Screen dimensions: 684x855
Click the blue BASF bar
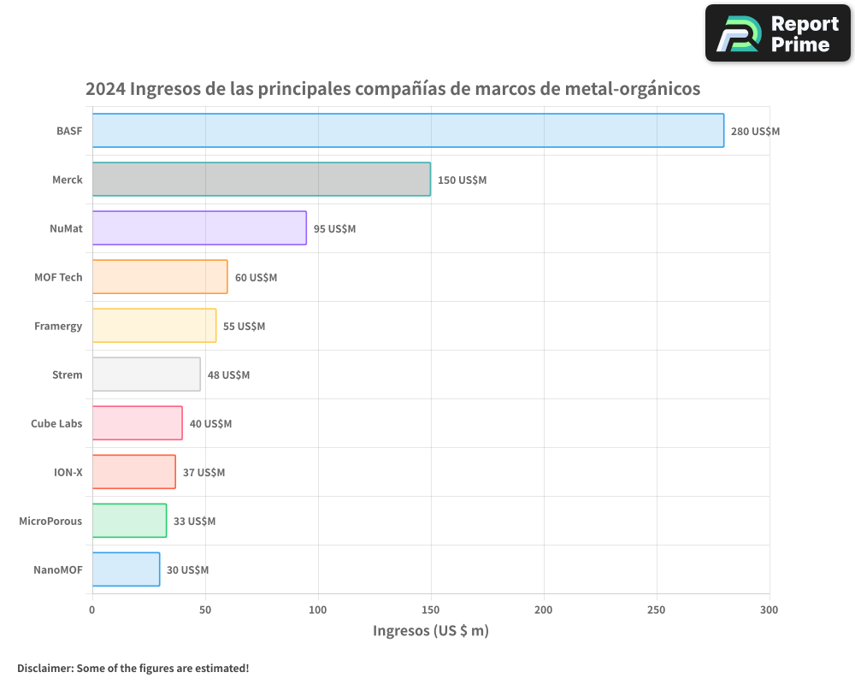point(408,131)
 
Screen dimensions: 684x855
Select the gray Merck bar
point(261,180)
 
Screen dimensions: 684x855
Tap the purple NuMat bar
point(199,228)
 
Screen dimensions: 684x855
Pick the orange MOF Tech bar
point(160,277)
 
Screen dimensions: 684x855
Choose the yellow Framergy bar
point(154,326)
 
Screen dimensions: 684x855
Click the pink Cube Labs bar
point(137,423)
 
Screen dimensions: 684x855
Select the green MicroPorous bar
point(129,521)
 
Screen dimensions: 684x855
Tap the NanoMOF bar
point(126,569)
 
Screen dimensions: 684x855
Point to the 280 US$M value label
point(755,132)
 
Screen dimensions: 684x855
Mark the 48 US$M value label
point(228,375)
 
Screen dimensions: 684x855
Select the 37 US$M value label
point(203,473)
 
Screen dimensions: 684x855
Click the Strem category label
point(68,374)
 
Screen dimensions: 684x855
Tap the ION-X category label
point(68,472)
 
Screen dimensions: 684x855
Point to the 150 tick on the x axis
point(431,610)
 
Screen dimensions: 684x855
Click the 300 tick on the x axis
point(769,610)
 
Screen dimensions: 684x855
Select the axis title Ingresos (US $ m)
point(430,631)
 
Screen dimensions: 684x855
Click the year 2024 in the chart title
point(105,89)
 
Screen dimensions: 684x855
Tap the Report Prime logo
point(777,33)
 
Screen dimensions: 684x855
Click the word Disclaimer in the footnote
point(44,668)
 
